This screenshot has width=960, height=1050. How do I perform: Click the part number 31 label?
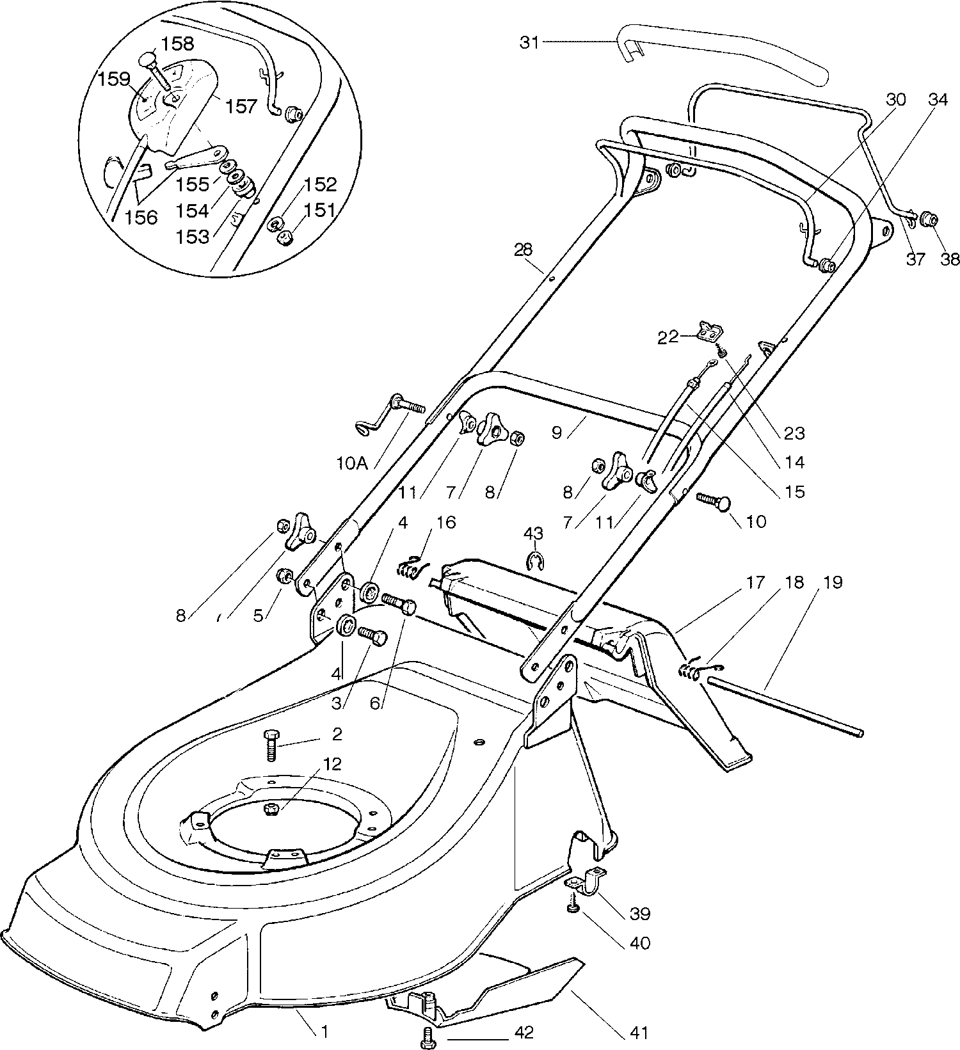pyautogui.click(x=529, y=42)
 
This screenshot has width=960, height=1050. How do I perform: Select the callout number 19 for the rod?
pyautogui.click(x=833, y=582)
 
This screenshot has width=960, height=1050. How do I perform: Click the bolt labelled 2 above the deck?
pyautogui.click(x=270, y=743)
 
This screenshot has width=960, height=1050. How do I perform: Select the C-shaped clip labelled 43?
pyautogui.click(x=534, y=561)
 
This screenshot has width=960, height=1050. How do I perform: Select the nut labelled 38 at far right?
pyautogui.click(x=929, y=221)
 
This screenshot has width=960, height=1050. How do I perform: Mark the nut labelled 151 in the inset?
pyautogui.click(x=283, y=237)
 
